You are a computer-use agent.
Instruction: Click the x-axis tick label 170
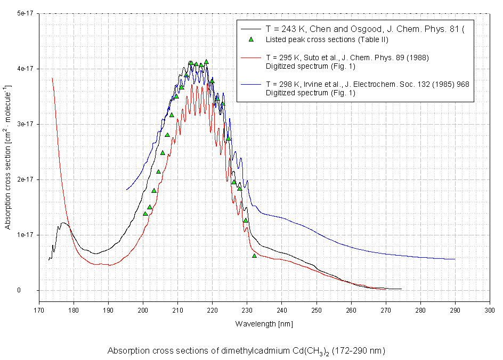coord(39,309)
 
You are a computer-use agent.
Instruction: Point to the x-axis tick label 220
coord(212,309)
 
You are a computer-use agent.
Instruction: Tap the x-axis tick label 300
coord(489,309)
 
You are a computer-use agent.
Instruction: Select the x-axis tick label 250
coord(316,309)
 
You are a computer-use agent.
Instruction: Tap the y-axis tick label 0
coord(33,290)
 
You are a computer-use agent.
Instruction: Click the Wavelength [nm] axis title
coord(264,323)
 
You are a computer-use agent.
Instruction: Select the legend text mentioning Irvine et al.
coord(367,84)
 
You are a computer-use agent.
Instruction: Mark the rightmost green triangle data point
coord(254,256)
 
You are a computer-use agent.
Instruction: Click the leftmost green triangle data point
coord(145,214)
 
